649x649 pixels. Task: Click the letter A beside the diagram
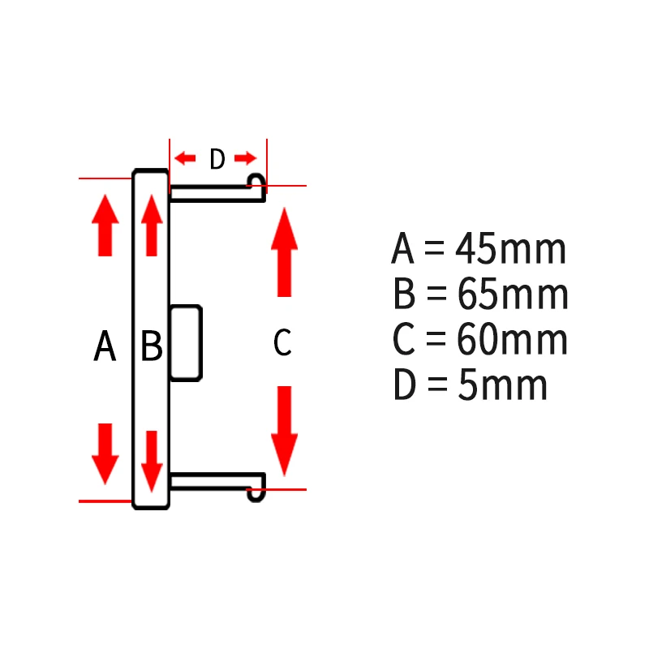point(105,347)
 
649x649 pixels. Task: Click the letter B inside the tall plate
point(152,347)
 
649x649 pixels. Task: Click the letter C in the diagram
point(282,343)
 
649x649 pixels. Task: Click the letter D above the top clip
point(217,160)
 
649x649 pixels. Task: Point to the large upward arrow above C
point(284,251)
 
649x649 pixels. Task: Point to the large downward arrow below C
point(284,430)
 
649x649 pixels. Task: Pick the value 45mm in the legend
point(511,250)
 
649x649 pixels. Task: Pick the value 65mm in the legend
point(513,295)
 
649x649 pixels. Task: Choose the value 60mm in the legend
point(513,341)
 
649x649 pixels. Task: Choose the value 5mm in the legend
point(503,386)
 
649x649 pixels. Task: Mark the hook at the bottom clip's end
point(257,492)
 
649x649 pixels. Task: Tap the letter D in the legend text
point(404,386)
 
